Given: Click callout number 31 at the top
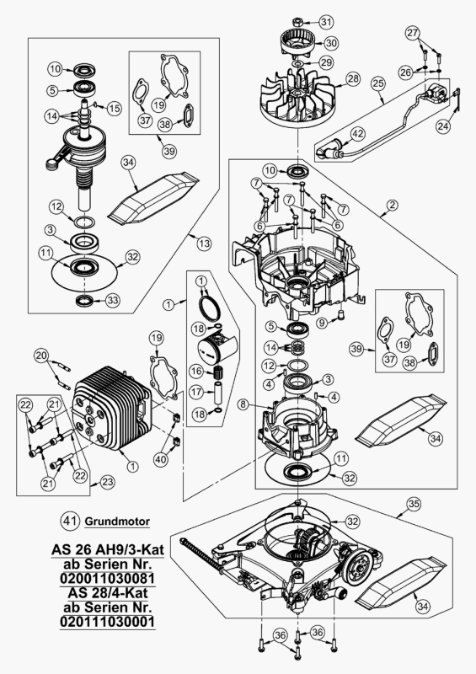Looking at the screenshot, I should pos(326,21).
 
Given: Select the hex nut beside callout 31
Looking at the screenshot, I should pos(298,20).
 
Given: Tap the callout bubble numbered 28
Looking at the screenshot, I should pos(352,78).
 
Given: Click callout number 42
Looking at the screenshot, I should pos(357,134).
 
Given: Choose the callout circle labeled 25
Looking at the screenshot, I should pos(377,83).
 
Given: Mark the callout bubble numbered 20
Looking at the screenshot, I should pos(41,356).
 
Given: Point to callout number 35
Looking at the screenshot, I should pos(414,505).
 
